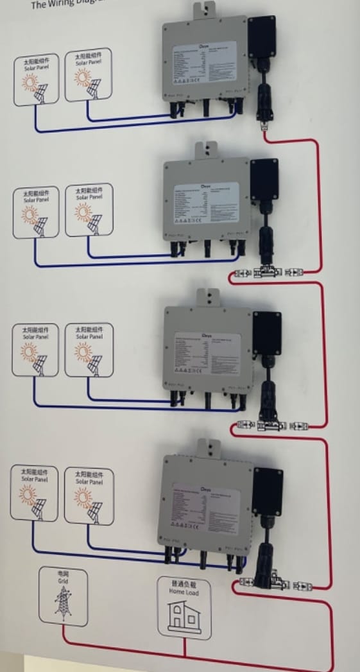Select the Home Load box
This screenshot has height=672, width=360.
[184, 607]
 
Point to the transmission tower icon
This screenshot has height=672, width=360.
[63, 603]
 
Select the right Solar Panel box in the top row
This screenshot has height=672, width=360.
[89, 75]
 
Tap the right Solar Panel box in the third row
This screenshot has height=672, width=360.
[89, 350]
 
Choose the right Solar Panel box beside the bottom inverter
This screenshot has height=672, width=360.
[88, 495]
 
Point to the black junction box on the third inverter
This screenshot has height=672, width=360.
[267, 333]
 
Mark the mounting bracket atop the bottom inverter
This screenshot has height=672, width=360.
[207, 447]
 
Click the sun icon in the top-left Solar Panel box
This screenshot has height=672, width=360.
[29, 83]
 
